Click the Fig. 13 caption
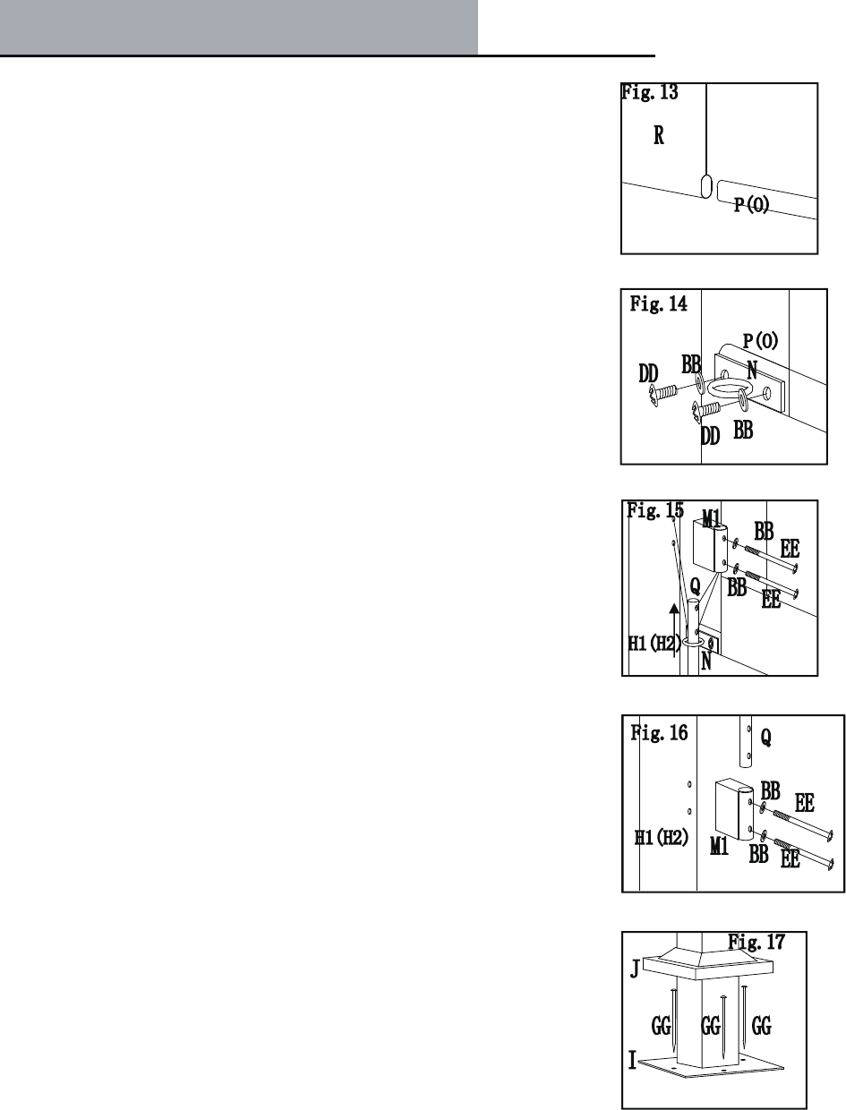coord(649,91)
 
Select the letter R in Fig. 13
coord(658,138)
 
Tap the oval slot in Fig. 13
coord(705,187)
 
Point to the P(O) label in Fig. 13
coord(753,206)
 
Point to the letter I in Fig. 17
coord(632,1062)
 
